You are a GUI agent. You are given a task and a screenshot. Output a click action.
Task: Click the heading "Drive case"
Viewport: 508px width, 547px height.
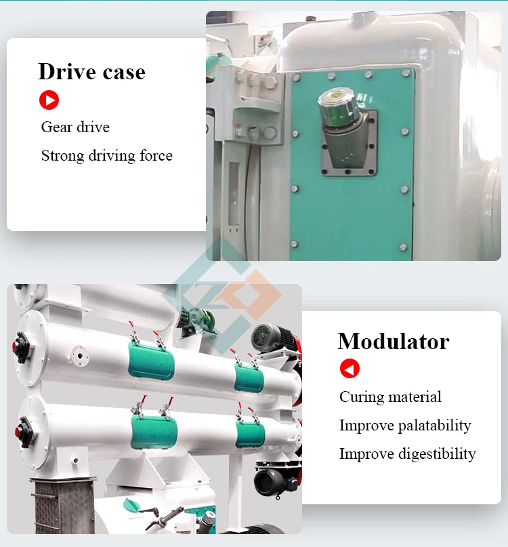tap(91, 72)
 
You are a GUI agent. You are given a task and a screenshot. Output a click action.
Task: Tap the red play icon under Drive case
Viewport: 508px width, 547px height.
tap(49, 100)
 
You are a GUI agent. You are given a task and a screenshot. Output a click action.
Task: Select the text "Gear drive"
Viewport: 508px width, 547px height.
tap(75, 127)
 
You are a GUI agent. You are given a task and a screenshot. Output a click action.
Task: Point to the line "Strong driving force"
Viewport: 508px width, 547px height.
tap(107, 156)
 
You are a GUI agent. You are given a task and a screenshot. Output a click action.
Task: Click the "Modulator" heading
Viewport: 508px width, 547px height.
tap(394, 341)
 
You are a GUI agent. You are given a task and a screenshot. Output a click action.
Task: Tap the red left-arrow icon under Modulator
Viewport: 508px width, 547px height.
tap(350, 368)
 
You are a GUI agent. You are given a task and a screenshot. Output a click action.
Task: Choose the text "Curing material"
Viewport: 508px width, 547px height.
tap(390, 397)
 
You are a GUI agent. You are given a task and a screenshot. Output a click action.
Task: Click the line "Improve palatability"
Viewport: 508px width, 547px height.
tap(405, 426)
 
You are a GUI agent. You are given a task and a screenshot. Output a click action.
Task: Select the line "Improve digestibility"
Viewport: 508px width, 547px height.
tap(408, 454)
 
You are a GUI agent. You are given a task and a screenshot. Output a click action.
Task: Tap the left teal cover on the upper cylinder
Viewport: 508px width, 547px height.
tap(151, 361)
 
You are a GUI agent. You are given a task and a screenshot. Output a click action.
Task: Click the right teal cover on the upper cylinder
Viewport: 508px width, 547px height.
tap(249, 378)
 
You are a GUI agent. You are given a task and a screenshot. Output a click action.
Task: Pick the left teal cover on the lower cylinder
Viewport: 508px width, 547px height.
tap(154, 432)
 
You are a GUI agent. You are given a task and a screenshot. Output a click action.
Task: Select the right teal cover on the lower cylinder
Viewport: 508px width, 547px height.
tap(250, 434)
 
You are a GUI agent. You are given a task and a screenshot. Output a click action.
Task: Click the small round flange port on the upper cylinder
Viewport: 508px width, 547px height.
tap(79, 356)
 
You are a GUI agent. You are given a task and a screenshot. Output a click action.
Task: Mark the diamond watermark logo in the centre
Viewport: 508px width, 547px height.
tap(222, 294)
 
